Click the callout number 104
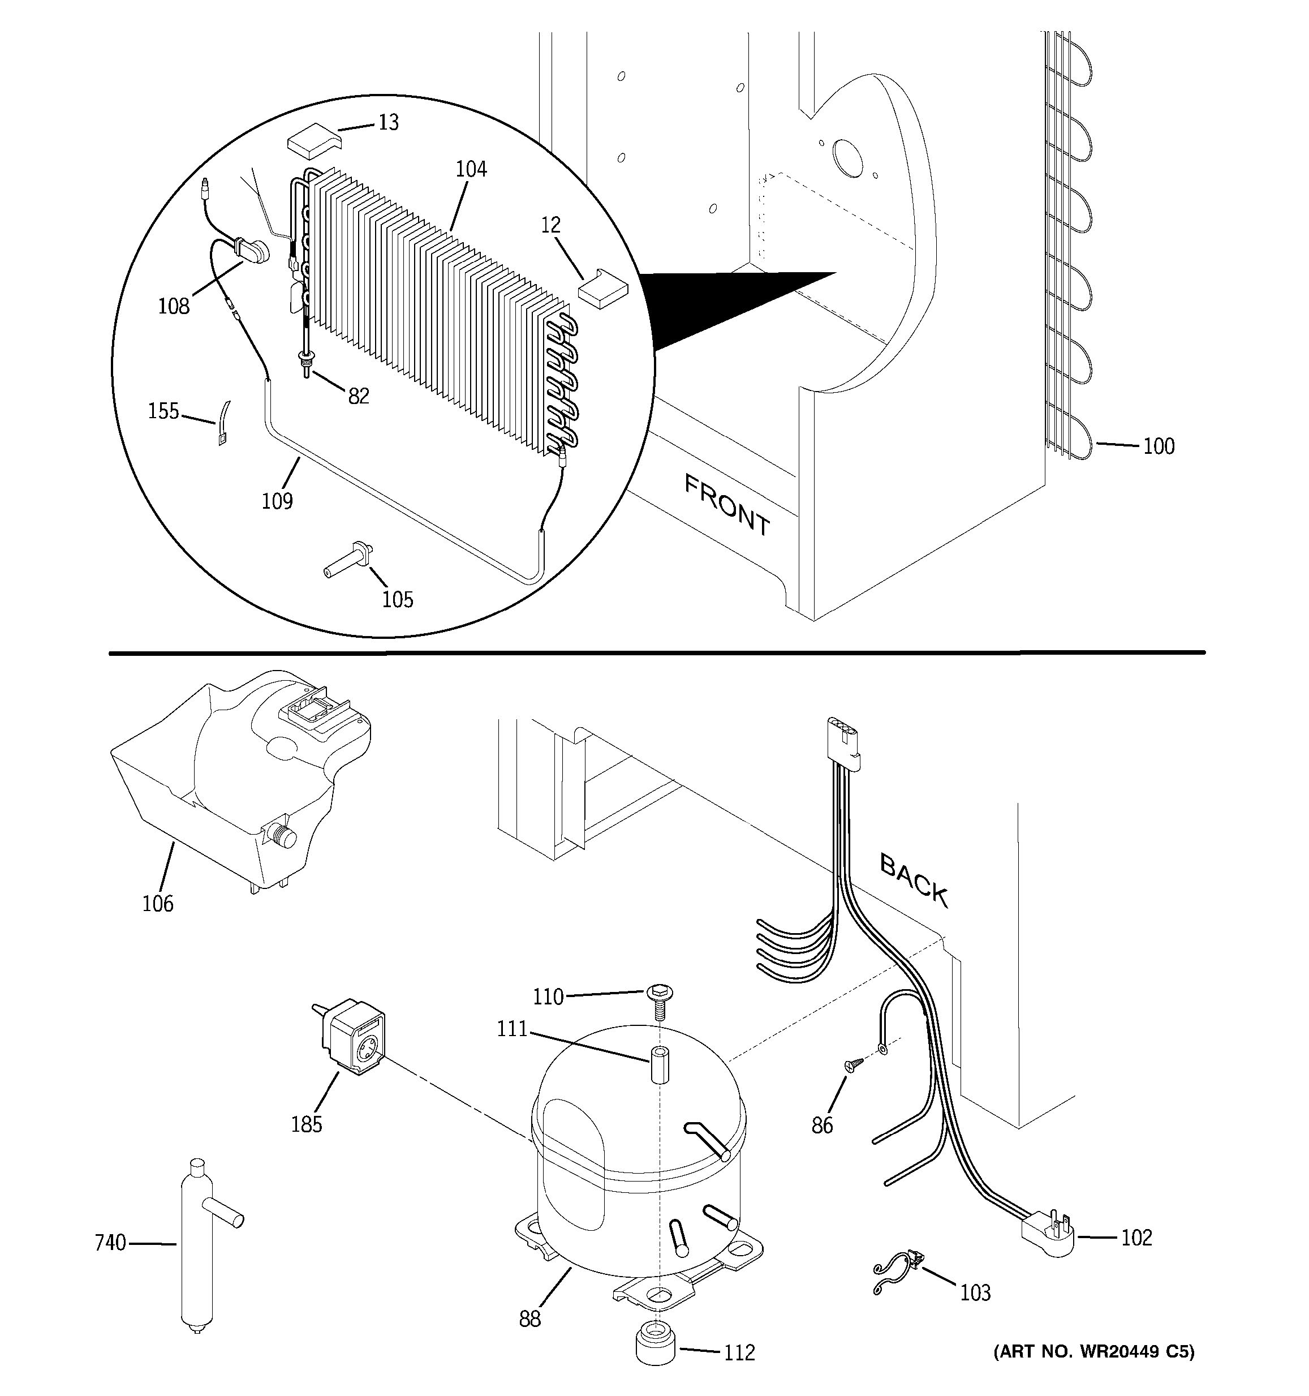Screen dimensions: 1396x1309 tap(471, 169)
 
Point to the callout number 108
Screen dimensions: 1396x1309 tap(173, 306)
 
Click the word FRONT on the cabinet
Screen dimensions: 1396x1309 tap(726, 504)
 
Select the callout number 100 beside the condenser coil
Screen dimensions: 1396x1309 tap(1158, 446)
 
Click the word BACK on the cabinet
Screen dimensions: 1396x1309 tap(914, 880)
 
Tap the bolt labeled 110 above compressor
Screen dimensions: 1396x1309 tap(658, 1002)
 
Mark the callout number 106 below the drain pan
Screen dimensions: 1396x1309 tap(157, 903)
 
